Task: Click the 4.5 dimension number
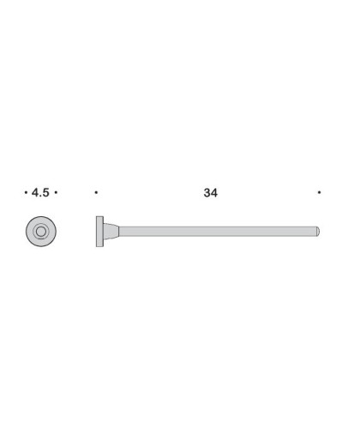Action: tap(40, 194)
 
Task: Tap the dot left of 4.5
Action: tap(26, 194)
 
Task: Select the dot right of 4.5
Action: tap(56, 194)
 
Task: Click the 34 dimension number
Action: tap(210, 194)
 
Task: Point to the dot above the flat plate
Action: tap(97, 194)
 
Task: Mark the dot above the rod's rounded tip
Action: tap(319, 194)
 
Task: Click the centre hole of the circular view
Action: tap(40, 231)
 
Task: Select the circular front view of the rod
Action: tap(40, 231)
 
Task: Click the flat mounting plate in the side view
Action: tap(99, 231)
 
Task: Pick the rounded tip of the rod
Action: tap(319, 231)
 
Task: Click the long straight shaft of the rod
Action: tap(214, 231)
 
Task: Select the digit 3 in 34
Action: tap(207, 194)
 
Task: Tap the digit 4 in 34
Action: tap(214, 194)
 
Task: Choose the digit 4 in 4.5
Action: tap(34, 194)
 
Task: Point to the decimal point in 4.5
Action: tap(40, 197)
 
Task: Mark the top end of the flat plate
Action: tap(99, 218)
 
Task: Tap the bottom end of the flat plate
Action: tap(99, 245)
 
